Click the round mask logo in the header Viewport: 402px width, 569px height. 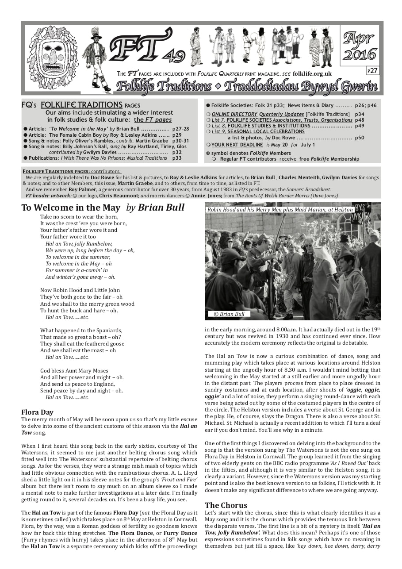tap(53, 58)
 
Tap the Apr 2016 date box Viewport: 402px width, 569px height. tap(360, 46)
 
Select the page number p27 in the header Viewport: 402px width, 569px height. tap(372, 70)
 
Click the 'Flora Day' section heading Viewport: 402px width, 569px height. tap(37, 412)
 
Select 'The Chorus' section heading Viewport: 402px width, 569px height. tap(226, 505)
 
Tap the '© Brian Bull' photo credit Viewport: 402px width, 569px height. tap(229, 314)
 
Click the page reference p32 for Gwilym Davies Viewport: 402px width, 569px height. tap(177, 152)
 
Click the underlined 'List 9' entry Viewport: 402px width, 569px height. tap(218, 131)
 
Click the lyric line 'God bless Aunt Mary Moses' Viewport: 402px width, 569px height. tap(74, 371)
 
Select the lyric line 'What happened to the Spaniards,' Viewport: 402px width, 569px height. tap(81, 330)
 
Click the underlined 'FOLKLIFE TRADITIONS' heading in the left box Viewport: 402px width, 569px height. tap(81, 105)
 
